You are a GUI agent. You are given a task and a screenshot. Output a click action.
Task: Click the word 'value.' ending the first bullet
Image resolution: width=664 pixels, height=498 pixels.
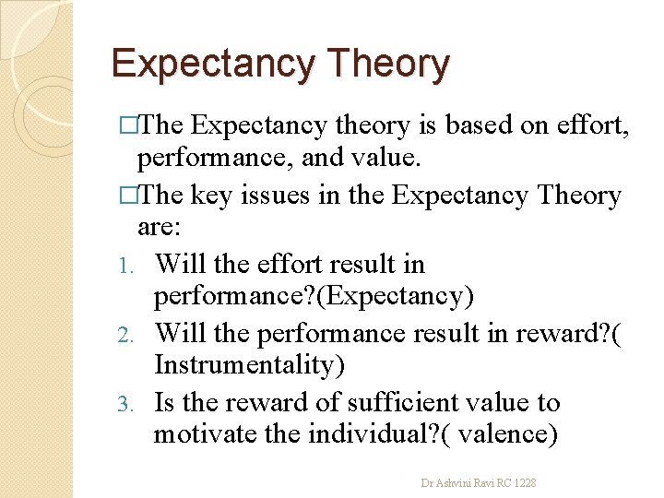pyautogui.click(x=383, y=160)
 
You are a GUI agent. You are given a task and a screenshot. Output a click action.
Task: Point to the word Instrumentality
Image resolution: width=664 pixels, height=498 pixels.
pyautogui.click(x=250, y=366)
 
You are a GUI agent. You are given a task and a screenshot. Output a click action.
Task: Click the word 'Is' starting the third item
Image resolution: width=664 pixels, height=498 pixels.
pyautogui.click(x=164, y=402)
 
